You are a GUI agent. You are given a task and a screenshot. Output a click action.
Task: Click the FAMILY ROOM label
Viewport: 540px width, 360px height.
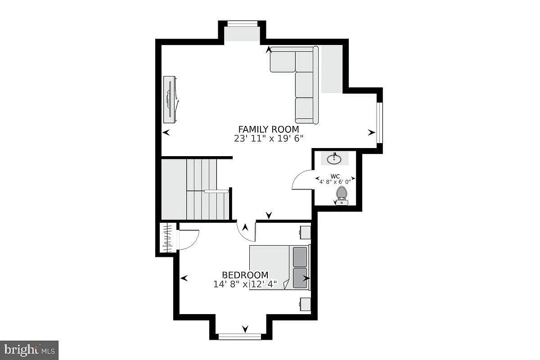point(269,130)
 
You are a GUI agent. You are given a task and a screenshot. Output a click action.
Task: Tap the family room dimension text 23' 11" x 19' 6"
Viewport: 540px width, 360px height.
point(269,139)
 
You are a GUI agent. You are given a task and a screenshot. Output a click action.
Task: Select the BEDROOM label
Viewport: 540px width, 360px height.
point(245,275)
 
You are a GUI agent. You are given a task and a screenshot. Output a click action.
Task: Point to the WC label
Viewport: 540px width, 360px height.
point(335,176)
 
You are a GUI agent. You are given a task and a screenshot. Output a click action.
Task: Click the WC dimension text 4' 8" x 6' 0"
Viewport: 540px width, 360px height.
point(335,182)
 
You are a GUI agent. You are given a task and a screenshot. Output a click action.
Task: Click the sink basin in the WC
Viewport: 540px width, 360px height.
point(334,159)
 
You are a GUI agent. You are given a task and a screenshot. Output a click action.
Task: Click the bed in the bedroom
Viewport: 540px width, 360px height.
point(279,268)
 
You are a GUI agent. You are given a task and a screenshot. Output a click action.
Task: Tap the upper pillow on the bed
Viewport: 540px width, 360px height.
point(300,257)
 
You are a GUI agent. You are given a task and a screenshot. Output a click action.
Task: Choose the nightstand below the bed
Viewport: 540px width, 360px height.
point(305,305)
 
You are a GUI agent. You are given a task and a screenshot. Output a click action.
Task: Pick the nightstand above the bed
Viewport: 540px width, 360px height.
point(305,232)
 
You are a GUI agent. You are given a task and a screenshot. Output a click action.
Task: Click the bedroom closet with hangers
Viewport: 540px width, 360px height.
point(168,238)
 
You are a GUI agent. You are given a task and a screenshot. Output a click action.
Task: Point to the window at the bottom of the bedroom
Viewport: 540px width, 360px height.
point(239,337)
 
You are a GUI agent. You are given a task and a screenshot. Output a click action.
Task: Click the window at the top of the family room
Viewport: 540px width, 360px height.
point(242,24)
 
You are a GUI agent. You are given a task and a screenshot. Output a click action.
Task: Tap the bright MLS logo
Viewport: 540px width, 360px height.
point(29,350)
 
